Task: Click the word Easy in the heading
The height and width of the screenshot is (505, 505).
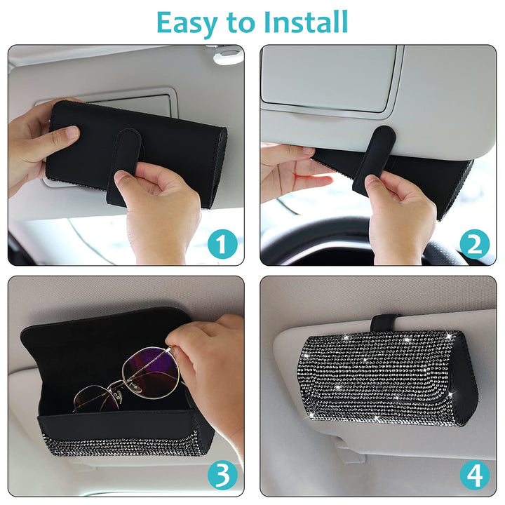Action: [187, 23]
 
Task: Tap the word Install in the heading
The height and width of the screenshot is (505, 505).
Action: [306, 22]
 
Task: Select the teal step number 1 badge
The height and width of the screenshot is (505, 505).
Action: [222, 244]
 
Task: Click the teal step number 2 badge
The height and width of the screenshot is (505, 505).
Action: [474, 244]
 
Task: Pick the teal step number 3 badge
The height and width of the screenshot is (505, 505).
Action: [222, 475]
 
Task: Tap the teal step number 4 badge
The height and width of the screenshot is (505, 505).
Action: [474, 475]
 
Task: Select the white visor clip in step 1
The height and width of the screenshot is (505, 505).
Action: [228, 55]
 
